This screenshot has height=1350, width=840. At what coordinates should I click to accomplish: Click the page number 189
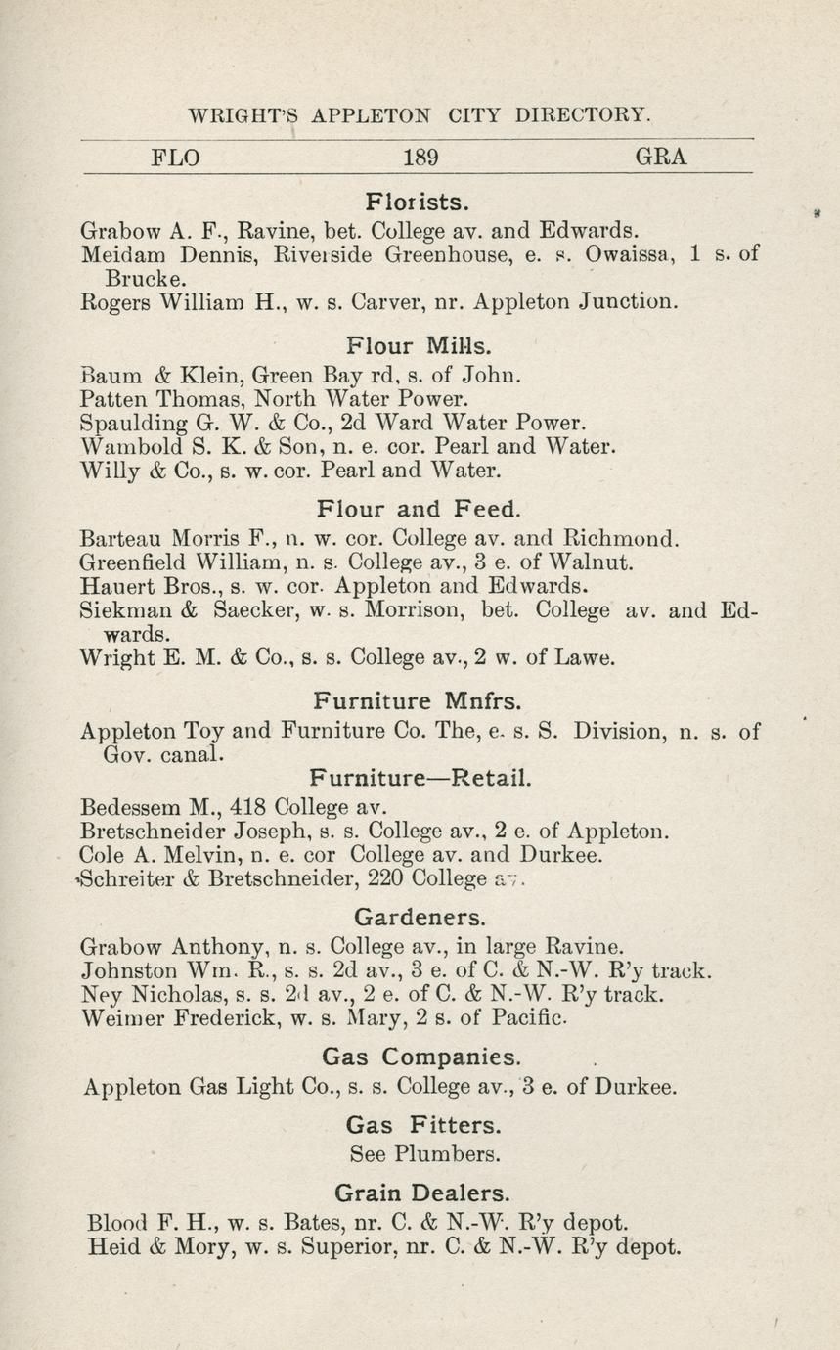[x=420, y=157]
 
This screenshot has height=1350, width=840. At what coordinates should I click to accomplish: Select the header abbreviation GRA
[x=661, y=157]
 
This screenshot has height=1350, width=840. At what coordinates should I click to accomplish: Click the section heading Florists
[x=418, y=202]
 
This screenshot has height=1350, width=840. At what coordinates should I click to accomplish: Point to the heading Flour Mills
[x=420, y=345]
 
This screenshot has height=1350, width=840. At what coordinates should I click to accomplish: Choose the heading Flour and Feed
[x=420, y=509]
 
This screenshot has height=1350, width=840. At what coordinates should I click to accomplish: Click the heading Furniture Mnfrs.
[x=418, y=700]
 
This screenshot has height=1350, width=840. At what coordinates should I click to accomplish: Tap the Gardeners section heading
[x=420, y=918]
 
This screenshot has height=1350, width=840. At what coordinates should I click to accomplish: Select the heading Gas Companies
[x=421, y=1057]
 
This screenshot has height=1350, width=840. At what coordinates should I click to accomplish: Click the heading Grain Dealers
[x=421, y=1192]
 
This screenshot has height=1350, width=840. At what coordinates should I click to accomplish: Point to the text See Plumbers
[x=424, y=1154]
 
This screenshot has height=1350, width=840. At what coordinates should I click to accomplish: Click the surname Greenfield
[x=134, y=562]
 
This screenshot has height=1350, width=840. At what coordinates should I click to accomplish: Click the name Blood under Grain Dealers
[x=117, y=1223]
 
